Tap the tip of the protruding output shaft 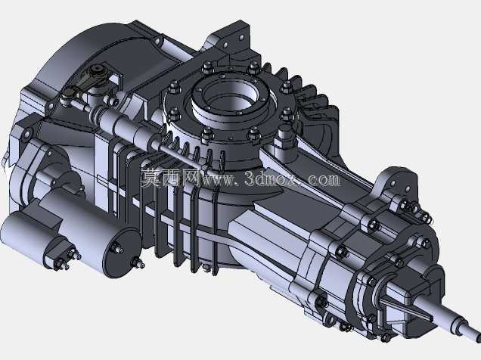tap(477, 337)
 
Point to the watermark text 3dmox tap(272, 179)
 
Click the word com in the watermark tap(324, 179)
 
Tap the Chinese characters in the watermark tap(170, 178)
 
